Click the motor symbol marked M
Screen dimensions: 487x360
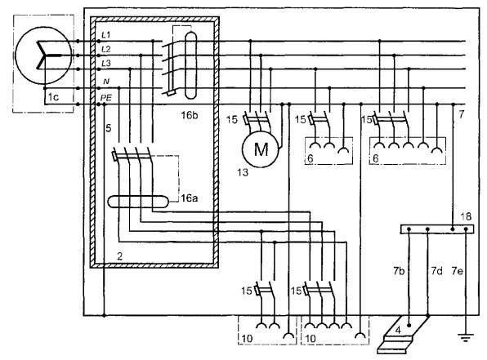pos(261,149)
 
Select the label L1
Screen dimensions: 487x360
pos(106,34)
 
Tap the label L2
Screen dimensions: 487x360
pos(106,49)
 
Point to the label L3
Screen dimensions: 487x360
pos(106,64)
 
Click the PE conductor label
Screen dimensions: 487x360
pos(106,98)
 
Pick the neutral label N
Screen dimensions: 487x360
pos(106,82)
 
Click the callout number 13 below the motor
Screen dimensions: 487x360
pos(243,172)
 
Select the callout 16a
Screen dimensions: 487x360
pos(190,198)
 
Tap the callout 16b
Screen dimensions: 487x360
pos(190,115)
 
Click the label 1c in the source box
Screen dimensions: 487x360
pos(53,97)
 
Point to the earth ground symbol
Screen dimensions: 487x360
pos(466,337)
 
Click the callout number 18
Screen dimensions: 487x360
pos(466,216)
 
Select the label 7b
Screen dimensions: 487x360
pos(399,271)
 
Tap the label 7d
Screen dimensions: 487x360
pos(436,271)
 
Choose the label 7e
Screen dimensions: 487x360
pos(458,271)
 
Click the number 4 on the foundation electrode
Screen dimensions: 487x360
pos(398,330)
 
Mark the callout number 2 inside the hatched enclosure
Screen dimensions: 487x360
pos(120,256)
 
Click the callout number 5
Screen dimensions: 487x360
pos(108,128)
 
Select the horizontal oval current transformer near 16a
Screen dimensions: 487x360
pos(138,202)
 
